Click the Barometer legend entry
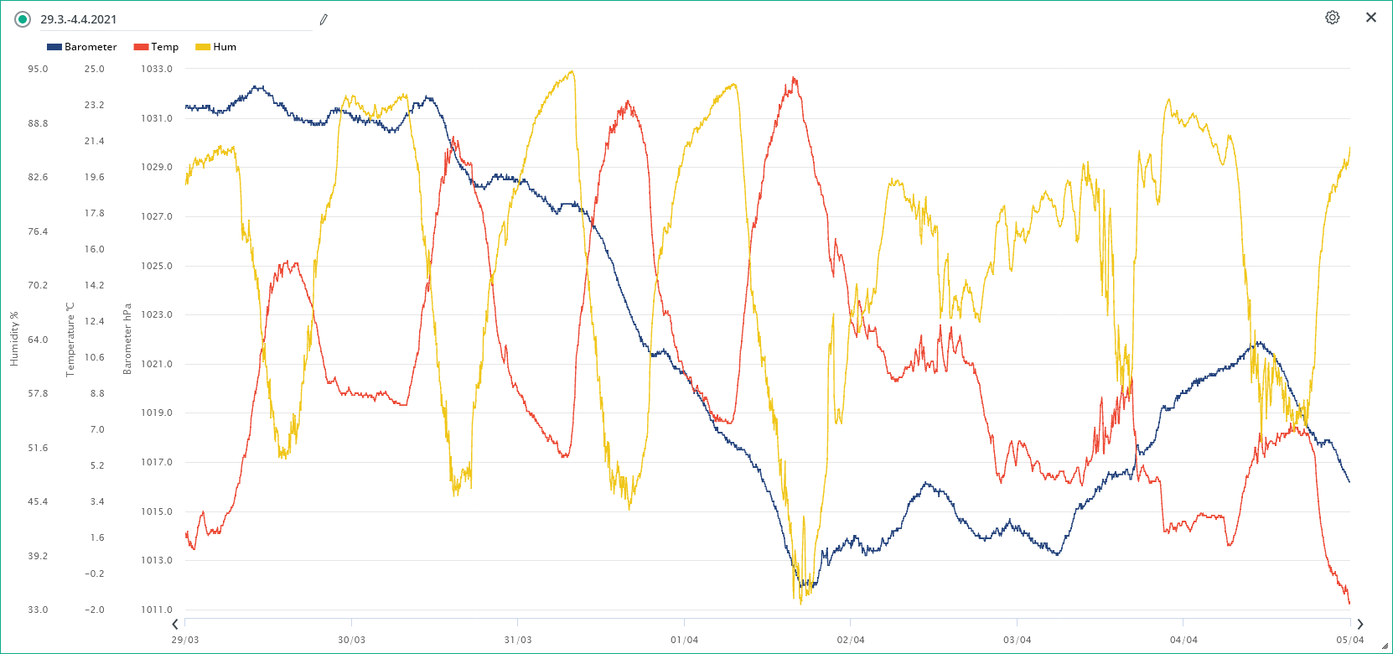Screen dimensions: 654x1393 click(82, 47)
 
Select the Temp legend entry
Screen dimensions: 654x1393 click(157, 47)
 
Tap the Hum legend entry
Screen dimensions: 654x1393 click(216, 47)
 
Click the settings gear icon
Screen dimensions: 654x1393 click(1332, 18)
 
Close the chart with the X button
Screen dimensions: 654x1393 click(1371, 18)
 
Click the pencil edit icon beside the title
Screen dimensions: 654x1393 click(324, 19)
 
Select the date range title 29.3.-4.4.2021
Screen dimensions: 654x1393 click(79, 19)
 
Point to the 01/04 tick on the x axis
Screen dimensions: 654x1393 click(684, 640)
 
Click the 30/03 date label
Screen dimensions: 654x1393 click(351, 640)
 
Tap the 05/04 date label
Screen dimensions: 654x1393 click(1349, 640)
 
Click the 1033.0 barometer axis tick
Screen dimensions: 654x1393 click(157, 69)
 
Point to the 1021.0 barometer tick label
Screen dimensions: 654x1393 click(157, 364)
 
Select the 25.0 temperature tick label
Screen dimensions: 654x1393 click(94, 69)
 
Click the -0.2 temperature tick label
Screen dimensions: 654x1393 click(94, 574)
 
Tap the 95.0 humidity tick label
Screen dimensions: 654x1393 click(38, 69)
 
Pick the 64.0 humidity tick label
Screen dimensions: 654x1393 click(38, 340)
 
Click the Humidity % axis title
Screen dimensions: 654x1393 click(13, 339)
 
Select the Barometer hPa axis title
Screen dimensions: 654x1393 click(127, 339)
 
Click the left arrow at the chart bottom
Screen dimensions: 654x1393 click(175, 624)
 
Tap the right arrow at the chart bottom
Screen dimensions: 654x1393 click(1359, 624)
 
